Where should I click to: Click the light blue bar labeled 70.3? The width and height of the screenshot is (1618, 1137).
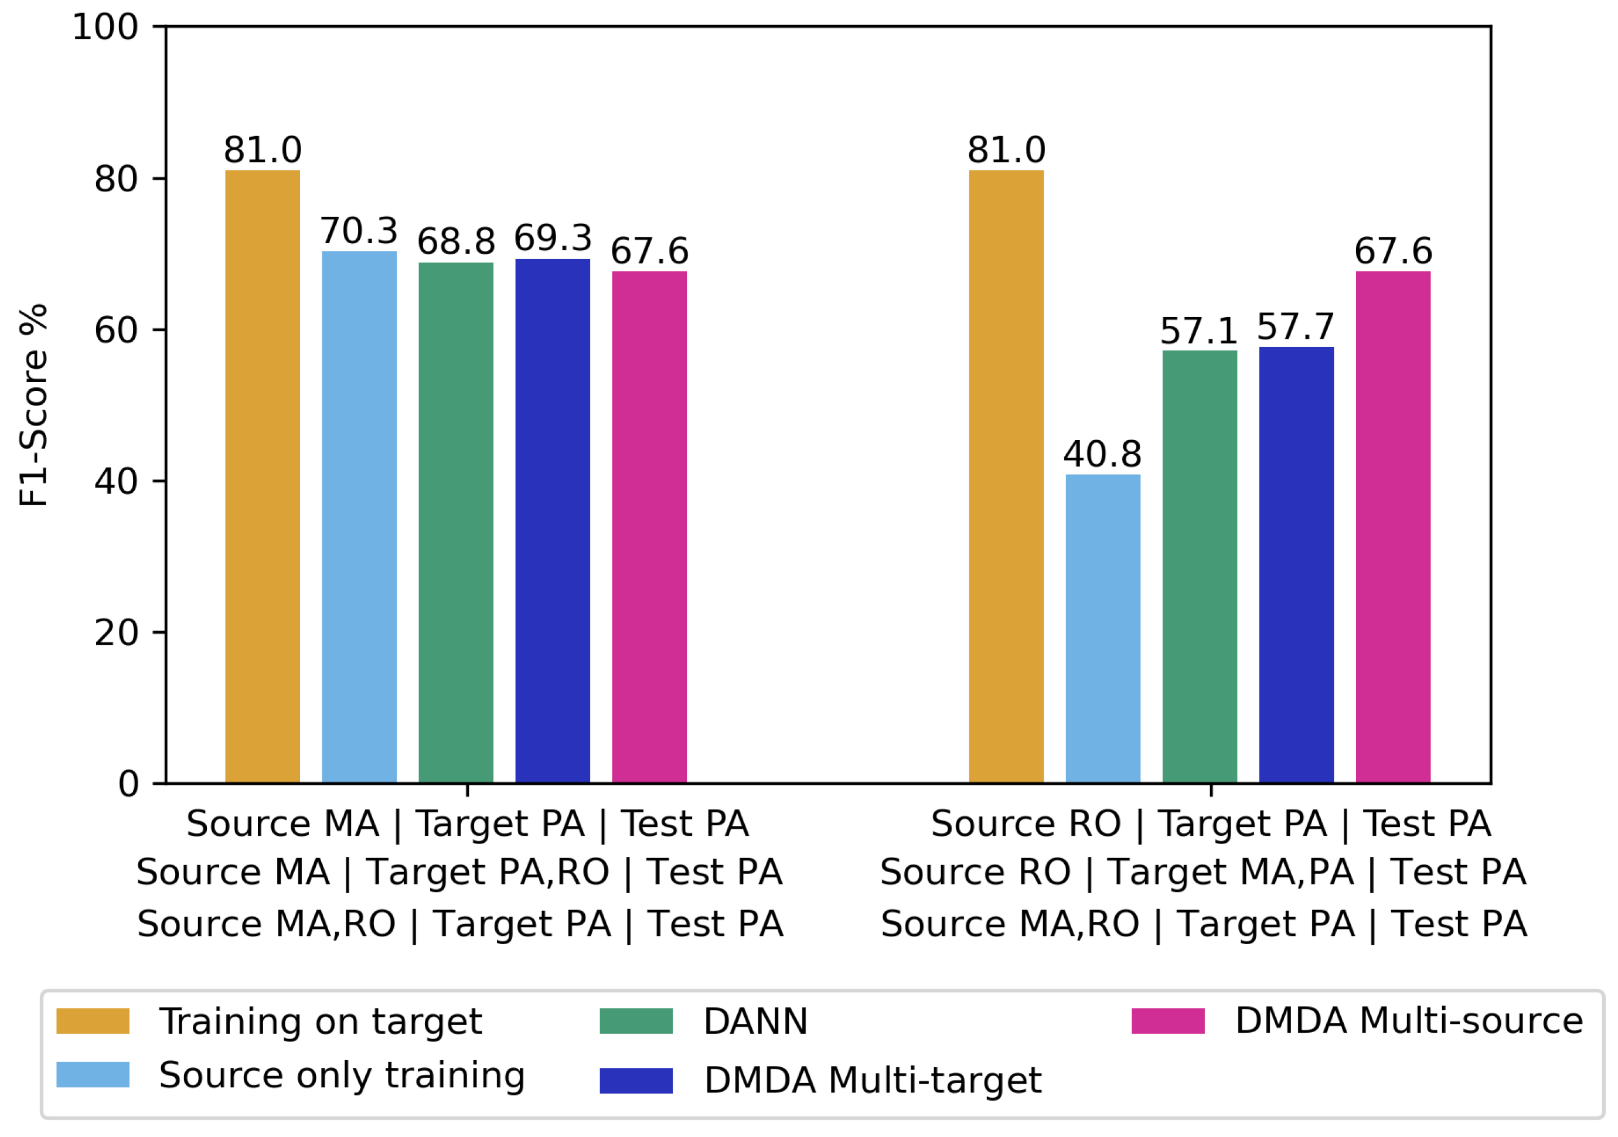pos(359,517)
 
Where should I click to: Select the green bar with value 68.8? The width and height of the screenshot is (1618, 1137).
pos(456,522)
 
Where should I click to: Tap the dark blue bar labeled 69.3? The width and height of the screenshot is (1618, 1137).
pos(553,521)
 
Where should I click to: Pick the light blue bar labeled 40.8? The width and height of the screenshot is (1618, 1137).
pos(1103,629)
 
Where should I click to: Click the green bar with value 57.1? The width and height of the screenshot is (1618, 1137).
pos(1200,567)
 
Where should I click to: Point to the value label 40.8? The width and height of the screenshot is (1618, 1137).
pos(1102,454)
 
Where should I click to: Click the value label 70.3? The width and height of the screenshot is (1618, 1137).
pos(359,230)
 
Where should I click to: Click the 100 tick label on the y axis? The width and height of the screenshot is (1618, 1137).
pos(105,28)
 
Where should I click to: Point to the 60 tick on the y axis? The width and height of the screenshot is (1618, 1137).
pos(159,330)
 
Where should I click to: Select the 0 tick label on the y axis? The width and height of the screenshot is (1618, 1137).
pos(128,784)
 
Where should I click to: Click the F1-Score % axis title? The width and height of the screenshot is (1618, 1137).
pos(33,406)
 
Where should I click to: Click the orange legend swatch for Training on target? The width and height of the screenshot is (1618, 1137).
pos(93,1021)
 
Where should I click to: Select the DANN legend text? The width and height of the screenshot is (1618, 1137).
pos(755,1021)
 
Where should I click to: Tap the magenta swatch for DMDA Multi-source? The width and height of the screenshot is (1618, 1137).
pos(1169,1021)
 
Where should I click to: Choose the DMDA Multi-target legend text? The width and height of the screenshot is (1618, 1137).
pos(873,1080)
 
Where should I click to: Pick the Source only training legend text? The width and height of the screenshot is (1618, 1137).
pos(342,1075)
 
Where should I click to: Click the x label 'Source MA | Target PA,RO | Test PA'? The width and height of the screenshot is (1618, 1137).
pos(459,872)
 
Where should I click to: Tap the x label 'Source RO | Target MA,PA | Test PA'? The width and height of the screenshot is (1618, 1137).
pos(1204,872)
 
